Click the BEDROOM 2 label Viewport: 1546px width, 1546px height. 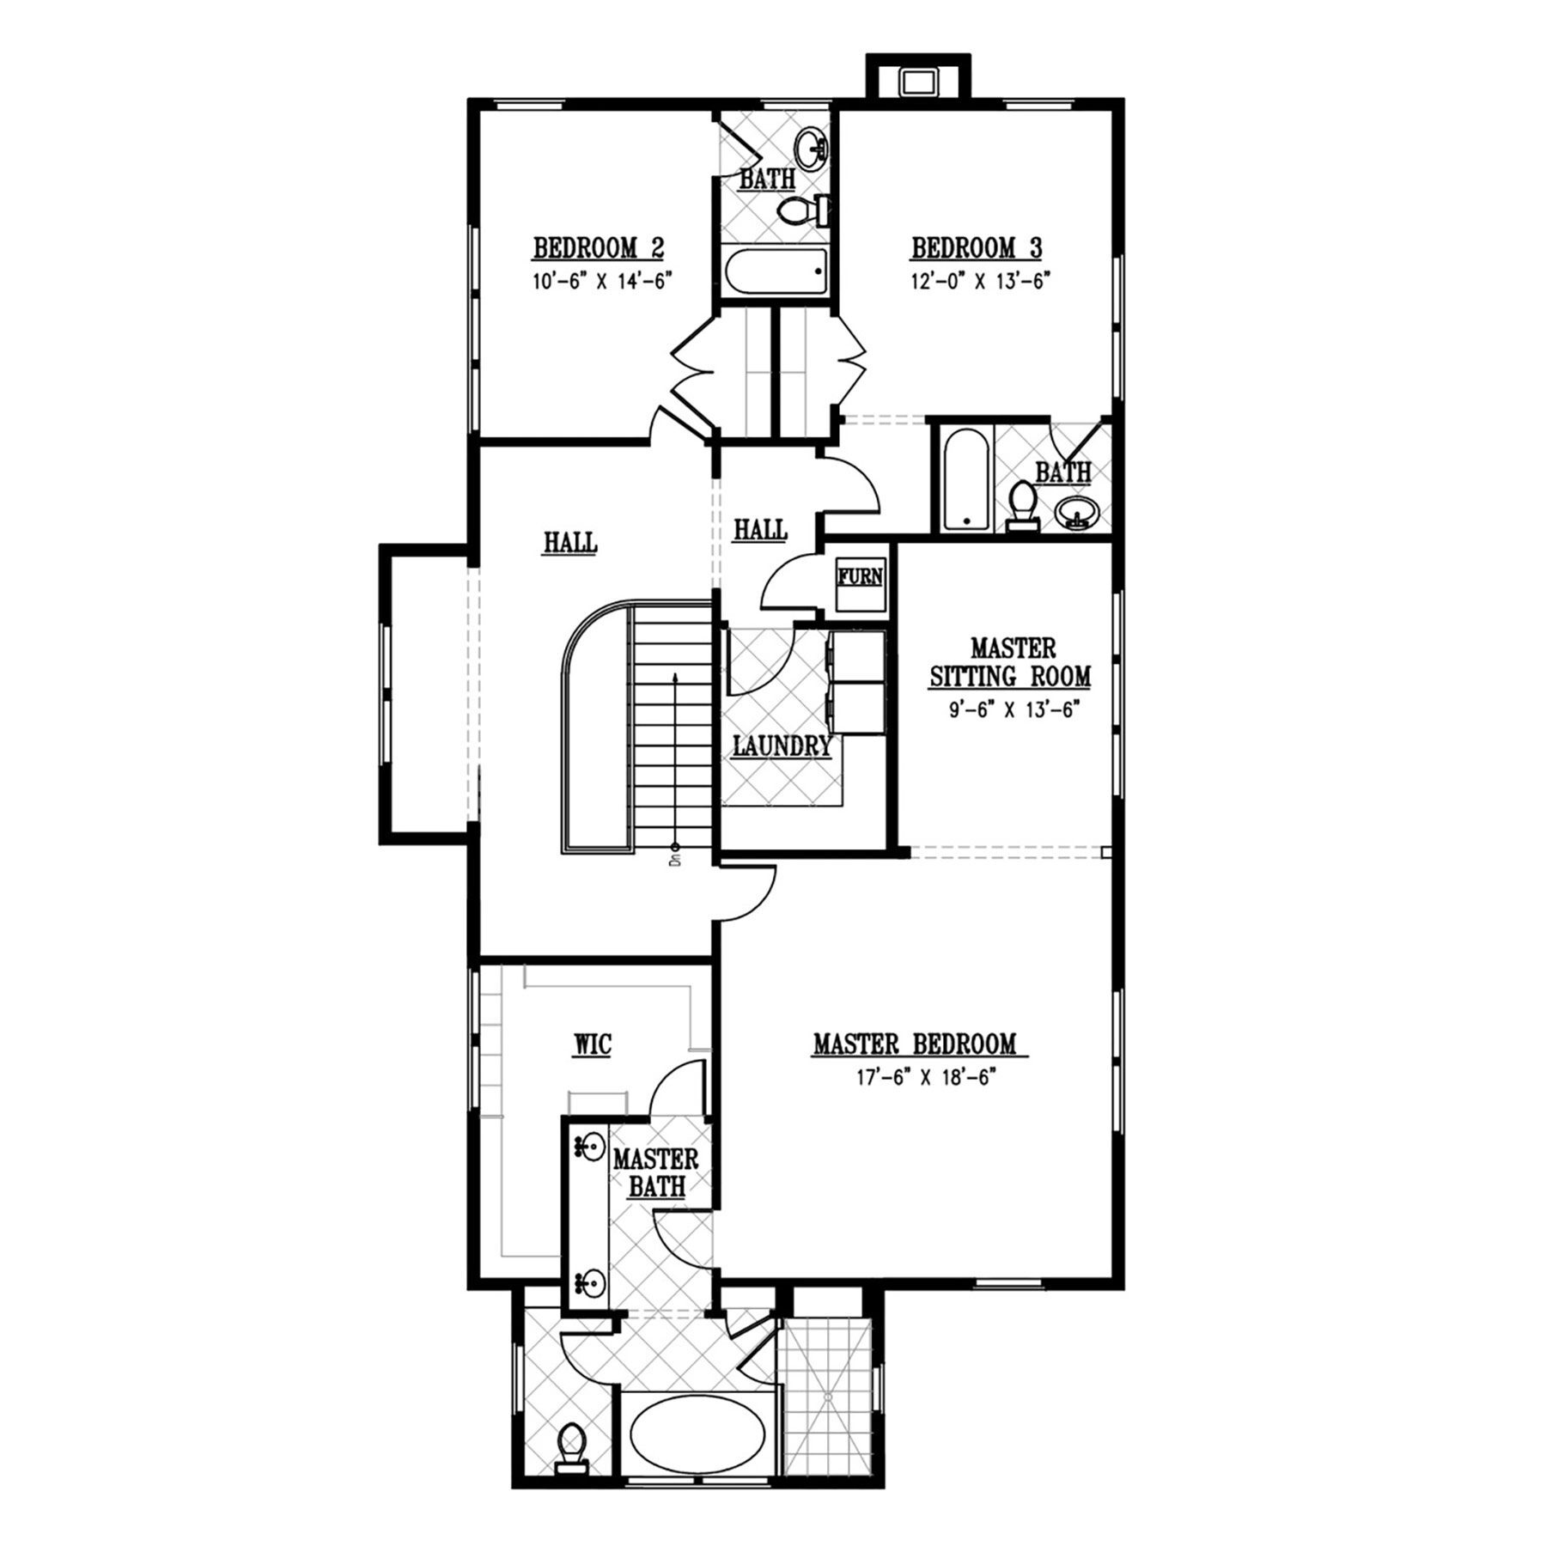click(x=599, y=248)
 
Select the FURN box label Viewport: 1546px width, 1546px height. click(x=861, y=575)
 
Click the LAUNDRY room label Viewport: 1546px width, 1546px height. click(x=782, y=746)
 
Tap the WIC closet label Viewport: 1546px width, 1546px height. click(x=593, y=1044)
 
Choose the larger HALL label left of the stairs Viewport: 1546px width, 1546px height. click(x=570, y=543)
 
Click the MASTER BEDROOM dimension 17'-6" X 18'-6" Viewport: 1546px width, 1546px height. click(x=923, y=1077)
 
